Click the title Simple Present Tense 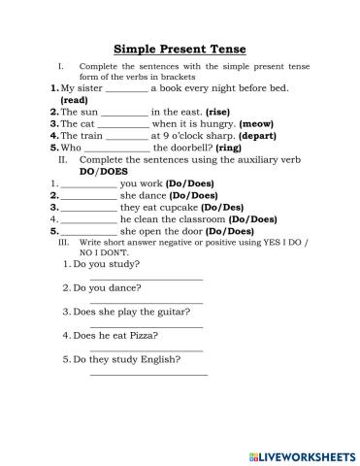point(180,48)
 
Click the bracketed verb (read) point(75,100)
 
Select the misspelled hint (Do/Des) point(225,207)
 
